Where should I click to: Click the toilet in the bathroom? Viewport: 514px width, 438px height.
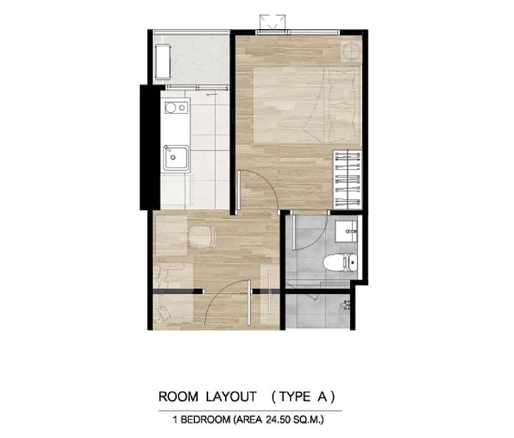point(340,263)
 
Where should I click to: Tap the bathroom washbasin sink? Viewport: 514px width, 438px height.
point(346,231)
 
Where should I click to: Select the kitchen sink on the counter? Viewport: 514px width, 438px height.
point(176,158)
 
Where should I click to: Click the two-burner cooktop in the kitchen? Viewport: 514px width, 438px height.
point(176,108)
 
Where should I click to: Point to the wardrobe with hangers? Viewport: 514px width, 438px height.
point(348,180)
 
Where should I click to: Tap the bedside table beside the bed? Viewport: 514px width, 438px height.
point(351,51)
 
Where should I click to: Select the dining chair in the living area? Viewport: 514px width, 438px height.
point(202,237)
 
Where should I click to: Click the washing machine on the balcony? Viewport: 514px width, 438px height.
point(163,62)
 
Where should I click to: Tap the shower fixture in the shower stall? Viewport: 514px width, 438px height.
point(346,305)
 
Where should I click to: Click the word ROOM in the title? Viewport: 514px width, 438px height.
point(178,397)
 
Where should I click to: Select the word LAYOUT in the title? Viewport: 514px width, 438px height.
point(231,397)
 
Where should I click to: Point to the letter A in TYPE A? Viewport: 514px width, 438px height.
point(322,397)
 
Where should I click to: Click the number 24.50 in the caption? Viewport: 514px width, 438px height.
point(278,419)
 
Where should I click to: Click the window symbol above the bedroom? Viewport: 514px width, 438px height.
point(273,23)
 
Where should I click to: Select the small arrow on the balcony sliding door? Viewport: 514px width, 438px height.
point(211,94)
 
